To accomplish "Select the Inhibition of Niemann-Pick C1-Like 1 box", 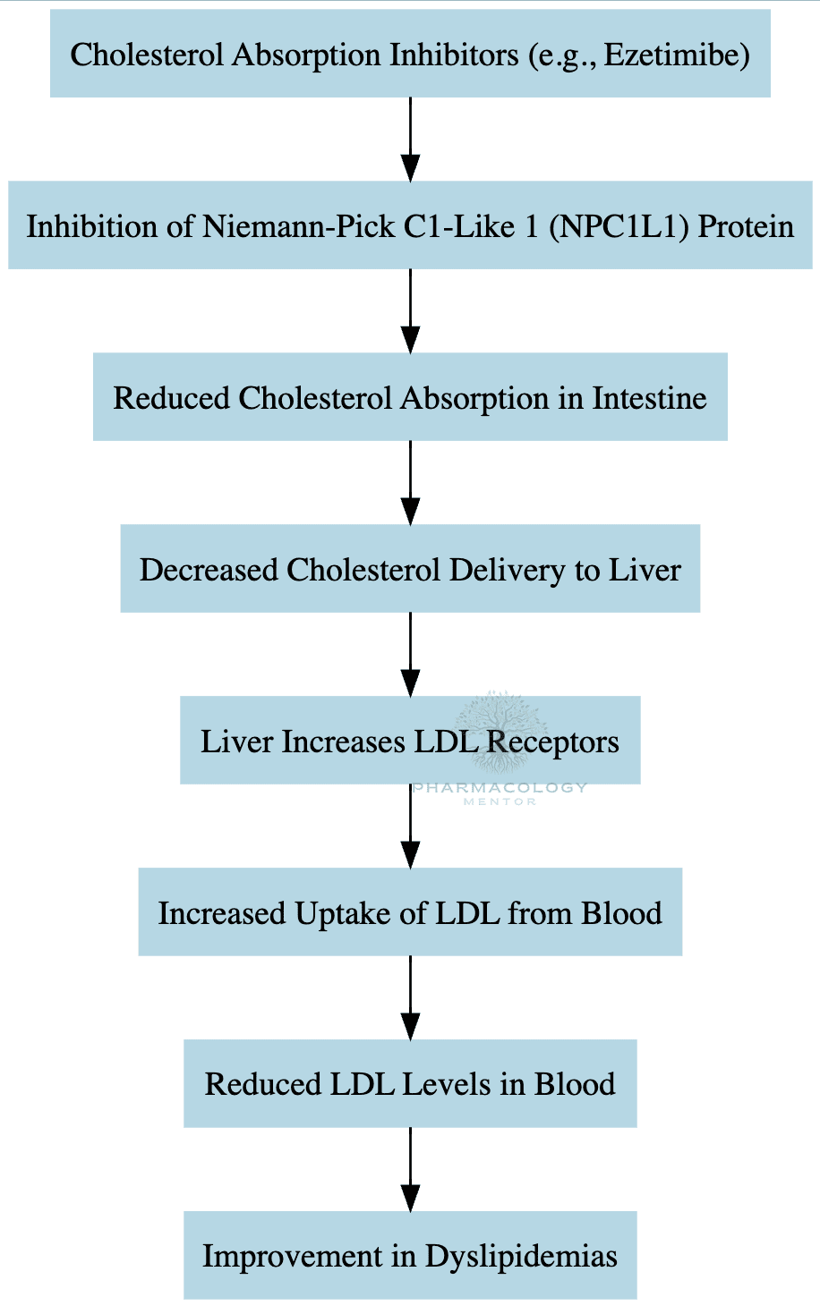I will pyautogui.click(x=410, y=225).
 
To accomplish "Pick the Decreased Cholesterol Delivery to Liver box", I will pyautogui.click(x=410, y=569).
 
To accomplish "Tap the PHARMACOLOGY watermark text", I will pyautogui.click(x=500, y=788).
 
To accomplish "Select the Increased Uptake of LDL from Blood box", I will pyautogui.click(x=410, y=912).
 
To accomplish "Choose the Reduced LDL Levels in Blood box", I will pyautogui.click(x=410, y=1083).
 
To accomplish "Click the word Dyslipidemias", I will pyautogui.click(x=521, y=1256).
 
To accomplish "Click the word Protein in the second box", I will pyautogui.click(x=746, y=226).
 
